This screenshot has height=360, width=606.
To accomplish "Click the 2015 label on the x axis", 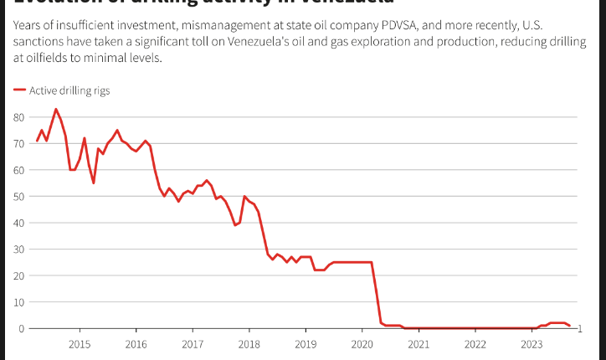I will pos(80,344).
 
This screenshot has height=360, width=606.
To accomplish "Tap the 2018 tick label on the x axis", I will pos(249,344).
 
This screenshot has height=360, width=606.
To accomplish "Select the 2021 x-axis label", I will pos(419,344).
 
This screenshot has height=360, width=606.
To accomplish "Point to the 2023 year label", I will pos(532,344).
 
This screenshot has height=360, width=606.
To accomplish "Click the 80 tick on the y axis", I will pos(18,116).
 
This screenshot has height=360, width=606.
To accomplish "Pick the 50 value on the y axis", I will pos(18,196).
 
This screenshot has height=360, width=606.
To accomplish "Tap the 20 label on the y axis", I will pos(18,275).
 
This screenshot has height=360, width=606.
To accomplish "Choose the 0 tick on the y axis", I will pos(21,328).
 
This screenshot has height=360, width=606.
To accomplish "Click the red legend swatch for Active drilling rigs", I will pos(19,90).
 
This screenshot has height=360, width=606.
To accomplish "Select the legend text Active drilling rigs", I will pos(69,90).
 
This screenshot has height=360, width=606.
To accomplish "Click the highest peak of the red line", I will pos(56,109).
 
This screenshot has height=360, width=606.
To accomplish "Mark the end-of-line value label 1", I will pos(579,327).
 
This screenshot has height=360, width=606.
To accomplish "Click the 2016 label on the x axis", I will pos(136,344).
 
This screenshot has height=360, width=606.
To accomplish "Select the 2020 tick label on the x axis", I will pos(362,344).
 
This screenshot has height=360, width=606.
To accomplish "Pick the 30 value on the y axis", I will pos(18,249).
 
